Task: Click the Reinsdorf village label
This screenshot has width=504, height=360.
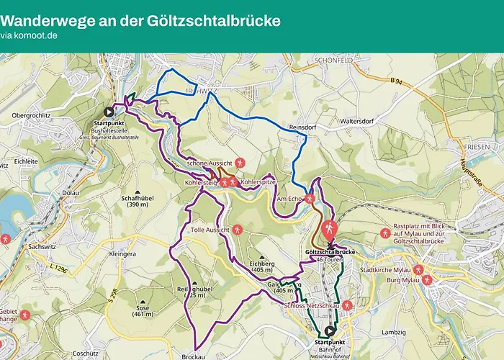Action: point(302,127)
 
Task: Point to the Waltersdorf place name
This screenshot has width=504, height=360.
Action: point(360,121)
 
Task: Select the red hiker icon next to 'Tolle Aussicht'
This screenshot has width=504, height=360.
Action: point(238,230)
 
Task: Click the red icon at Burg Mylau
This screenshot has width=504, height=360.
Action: point(427,279)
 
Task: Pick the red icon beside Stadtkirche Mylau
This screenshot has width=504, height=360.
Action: point(418,270)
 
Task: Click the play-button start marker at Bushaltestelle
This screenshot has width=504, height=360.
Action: point(109,112)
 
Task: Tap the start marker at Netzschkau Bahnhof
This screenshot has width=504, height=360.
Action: point(330,331)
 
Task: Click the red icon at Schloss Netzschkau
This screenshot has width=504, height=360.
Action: point(346,305)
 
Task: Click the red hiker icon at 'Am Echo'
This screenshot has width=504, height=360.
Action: point(310,198)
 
